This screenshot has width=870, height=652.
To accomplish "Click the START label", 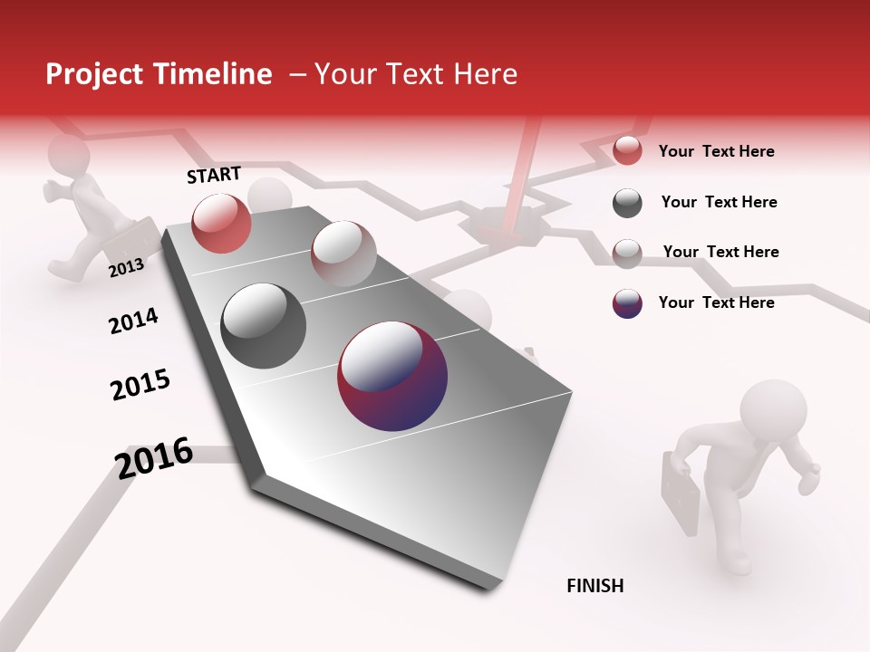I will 214,175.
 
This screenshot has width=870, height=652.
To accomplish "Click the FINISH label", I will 594,586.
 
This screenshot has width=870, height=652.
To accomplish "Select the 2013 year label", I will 126,267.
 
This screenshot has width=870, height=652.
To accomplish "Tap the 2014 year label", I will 133,321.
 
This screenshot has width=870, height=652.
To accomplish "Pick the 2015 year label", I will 140,384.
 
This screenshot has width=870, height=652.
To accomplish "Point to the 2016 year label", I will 154,457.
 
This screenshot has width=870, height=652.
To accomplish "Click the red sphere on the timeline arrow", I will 221,223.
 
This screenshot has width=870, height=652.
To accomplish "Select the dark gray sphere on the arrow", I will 264,326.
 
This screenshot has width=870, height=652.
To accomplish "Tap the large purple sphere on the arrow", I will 392,375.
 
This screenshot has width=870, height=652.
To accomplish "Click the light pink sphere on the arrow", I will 343,253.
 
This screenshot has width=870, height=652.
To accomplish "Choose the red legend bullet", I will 627,151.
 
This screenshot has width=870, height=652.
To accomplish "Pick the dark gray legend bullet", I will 627,203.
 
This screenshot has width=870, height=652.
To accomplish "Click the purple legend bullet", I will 627,303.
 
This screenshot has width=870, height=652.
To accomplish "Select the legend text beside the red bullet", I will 716,151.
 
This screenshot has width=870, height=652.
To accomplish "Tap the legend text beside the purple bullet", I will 716,302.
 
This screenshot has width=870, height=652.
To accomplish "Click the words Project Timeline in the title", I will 159,74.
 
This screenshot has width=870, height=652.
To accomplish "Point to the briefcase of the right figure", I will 680,489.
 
